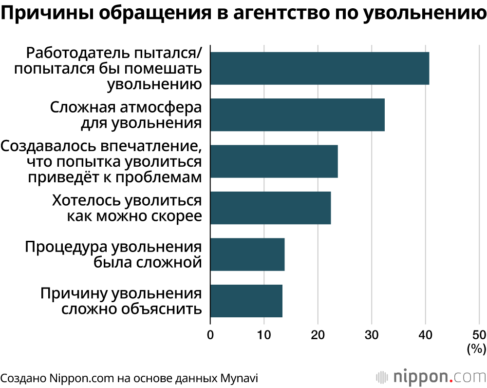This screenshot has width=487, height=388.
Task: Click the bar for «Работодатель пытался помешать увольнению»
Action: [319, 68]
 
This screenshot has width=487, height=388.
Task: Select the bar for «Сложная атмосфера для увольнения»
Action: [297, 115]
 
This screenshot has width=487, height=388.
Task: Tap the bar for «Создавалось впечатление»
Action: [274, 161]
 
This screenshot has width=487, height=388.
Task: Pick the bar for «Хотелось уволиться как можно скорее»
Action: [270, 208]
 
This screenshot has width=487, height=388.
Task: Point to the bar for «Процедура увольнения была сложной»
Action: [247, 254]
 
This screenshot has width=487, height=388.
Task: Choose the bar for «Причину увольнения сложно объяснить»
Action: [246, 301]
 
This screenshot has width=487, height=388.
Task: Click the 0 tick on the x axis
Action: [210, 335]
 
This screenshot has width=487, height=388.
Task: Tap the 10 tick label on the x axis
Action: [264, 335]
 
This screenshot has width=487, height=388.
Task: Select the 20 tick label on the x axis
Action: [318, 335]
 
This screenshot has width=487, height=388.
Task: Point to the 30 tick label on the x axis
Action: [372, 335]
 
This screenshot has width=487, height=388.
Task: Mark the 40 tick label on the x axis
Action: [426, 335]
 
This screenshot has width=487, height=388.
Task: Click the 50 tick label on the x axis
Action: [479, 335]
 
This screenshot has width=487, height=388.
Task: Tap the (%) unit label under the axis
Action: [476, 349]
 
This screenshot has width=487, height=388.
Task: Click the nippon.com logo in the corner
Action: [431, 377]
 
